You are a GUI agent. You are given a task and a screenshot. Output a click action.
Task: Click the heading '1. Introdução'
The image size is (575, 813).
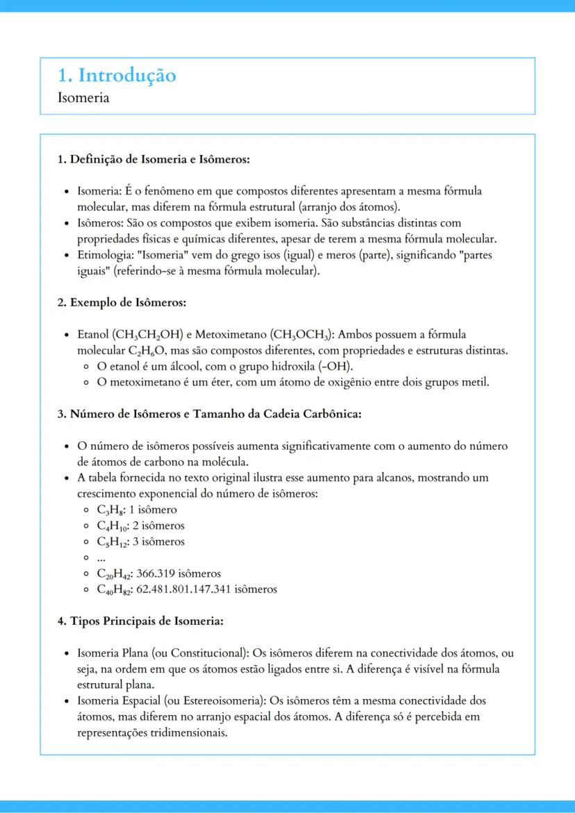coord(117,75)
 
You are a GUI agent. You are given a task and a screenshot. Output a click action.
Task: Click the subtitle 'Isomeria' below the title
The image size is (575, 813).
coord(83,97)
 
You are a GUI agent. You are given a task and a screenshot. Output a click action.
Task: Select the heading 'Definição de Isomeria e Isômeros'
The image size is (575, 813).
coord(160,160)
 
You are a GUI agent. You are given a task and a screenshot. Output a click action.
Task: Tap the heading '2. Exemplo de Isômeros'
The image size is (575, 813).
coord(122,303)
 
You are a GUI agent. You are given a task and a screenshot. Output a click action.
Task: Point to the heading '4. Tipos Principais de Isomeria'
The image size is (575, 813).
coord(140,621)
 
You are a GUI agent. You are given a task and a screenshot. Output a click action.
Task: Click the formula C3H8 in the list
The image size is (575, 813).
coord(108,510)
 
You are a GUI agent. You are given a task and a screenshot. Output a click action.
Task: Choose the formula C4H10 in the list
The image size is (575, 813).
coord(111,526)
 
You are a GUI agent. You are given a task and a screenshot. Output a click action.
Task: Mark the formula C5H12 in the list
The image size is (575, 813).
coord(111,542)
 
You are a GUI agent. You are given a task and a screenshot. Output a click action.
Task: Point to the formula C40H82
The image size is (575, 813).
coord(115,589)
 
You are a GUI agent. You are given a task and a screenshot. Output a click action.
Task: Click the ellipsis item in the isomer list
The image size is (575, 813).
coord(101,558)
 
